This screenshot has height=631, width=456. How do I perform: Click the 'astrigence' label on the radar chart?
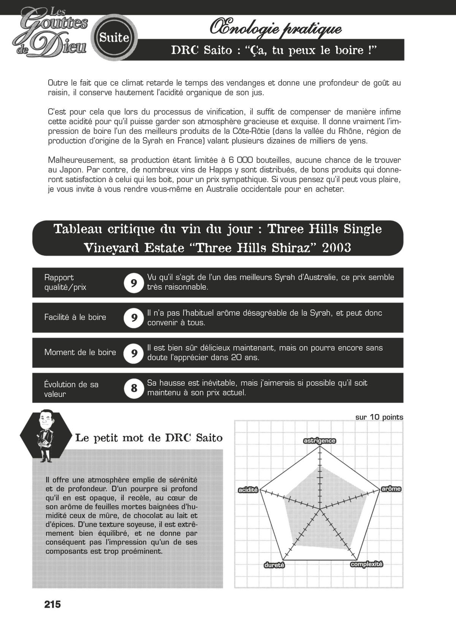[319, 441]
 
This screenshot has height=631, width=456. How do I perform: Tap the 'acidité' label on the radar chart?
[248, 490]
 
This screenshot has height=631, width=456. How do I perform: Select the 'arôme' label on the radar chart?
[391, 489]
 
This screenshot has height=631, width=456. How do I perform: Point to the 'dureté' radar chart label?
[274, 565]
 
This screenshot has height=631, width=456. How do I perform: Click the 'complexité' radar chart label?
[366, 564]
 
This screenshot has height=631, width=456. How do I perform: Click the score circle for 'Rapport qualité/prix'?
[134, 283]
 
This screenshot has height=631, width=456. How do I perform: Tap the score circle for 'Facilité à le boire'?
[134, 318]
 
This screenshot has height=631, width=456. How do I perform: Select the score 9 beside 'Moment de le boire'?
[134, 353]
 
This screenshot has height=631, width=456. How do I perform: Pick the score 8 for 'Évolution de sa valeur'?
[134, 388]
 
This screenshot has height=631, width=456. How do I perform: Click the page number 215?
[52, 604]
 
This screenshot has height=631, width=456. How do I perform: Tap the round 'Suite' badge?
[114, 38]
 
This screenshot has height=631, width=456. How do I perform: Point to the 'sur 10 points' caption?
[379, 417]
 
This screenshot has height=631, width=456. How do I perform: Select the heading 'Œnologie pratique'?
[275, 28]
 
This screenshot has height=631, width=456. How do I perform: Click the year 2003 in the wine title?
[336, 248]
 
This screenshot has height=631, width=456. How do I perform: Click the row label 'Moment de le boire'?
[80, 352]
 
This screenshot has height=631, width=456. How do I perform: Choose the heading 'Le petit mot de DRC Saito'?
[149, 438]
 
